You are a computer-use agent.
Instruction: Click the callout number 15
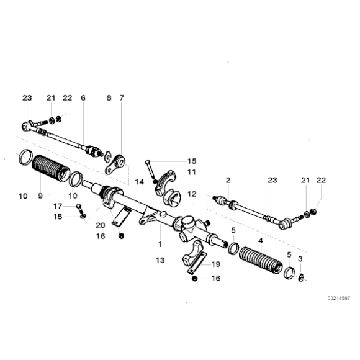click(x=192, y=161)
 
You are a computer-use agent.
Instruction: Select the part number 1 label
click(x=160, y=245)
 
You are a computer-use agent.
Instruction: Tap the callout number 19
click(x=215, y=264)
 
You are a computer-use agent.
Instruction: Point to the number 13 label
click(x=160, y=260)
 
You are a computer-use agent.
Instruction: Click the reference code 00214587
click(x=339, y=298)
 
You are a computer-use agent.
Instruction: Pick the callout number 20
click(x=101, y=225)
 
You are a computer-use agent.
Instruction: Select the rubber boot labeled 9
click(x=50, y=168)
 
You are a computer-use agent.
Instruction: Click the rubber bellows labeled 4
click(x=261, y=260)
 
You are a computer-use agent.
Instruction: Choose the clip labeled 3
click(x=301, y=278)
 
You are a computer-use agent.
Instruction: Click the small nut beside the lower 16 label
click(x=194, y=279)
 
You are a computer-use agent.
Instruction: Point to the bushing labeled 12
click(x=172, y=198)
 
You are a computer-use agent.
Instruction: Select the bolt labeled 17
click(x=80, y=209)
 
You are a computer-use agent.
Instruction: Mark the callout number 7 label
click(x=122, y=98)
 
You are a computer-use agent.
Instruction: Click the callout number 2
click(x=228, y=180)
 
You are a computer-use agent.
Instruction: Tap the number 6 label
click(x=83, y=98)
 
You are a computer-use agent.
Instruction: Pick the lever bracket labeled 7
click(x=115, y=163)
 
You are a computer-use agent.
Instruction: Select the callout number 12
click(x=192, y=194)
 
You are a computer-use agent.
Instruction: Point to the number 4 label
click(x=260, y=241)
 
